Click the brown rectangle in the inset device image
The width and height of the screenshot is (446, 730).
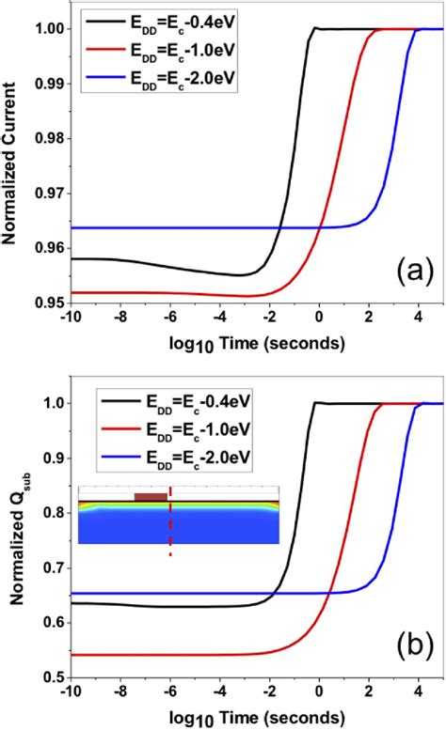[x=151, y=497]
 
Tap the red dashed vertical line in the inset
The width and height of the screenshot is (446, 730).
[x=170, y=526]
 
